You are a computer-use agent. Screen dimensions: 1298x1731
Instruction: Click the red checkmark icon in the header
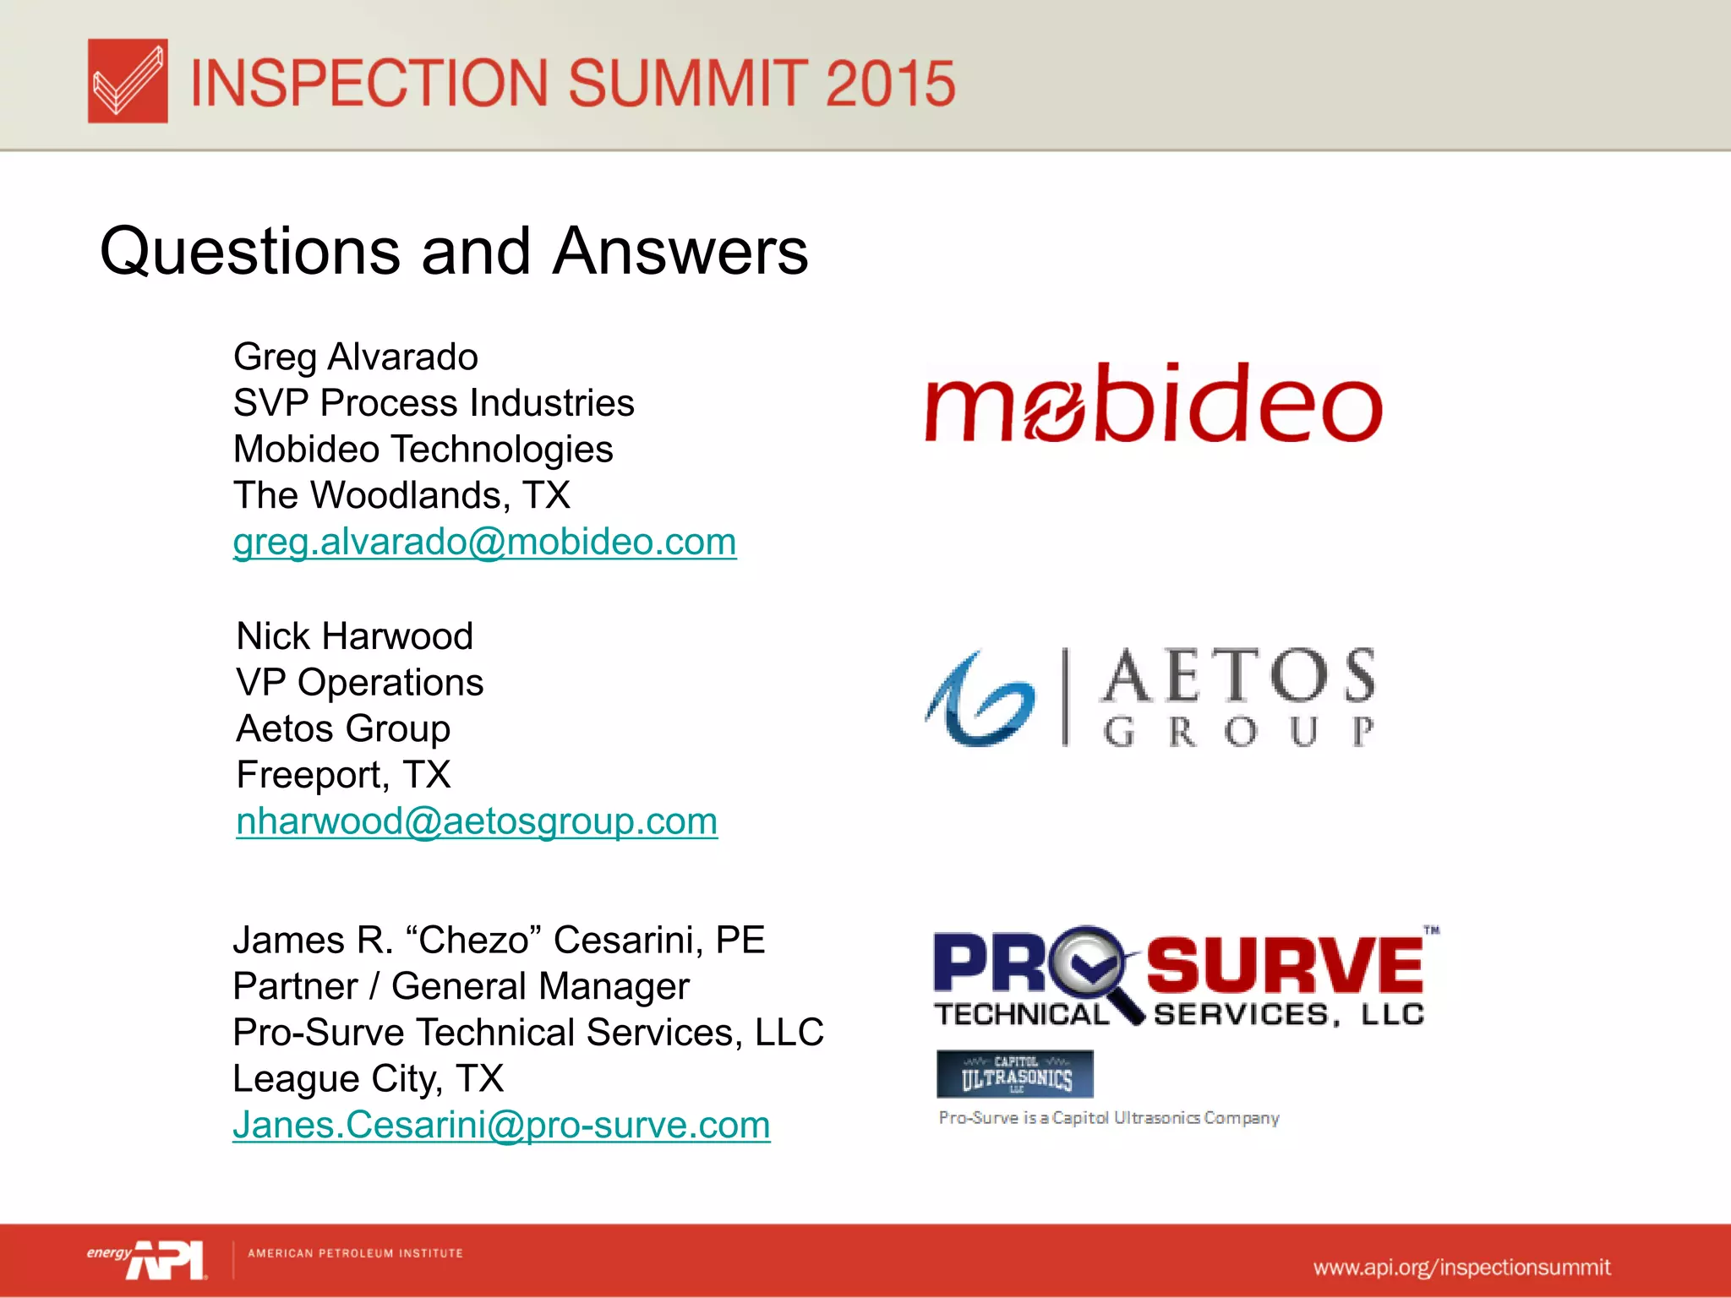tap(128, 81)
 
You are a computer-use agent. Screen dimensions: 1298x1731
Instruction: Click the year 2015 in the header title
tap(890, 83)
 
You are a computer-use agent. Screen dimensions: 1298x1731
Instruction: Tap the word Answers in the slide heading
tap(680, 252)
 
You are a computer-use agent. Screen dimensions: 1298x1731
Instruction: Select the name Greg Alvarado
tap(355, 357)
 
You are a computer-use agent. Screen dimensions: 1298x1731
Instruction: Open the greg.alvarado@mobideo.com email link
tap(484, 542)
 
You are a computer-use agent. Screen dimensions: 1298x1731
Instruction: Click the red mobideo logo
tap(1153, 405)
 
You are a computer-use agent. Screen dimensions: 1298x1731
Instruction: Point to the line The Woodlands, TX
tap(401, 495)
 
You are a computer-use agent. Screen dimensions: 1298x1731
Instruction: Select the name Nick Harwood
tap(354, 636)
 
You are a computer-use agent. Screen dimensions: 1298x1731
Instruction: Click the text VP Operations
tap(359, 683)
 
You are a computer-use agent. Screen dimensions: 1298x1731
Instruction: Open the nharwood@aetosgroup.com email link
tap(477, 821)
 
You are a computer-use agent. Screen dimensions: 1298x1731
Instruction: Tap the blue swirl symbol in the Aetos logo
tap(980, 700)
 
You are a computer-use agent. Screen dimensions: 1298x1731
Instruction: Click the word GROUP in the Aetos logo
tap(1238, 732)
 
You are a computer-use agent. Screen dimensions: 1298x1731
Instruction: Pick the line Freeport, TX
tap(343, 775)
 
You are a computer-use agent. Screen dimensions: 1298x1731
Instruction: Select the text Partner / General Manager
tap(461, 987)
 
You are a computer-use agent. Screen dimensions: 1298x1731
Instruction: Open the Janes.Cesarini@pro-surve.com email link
tap(501, 1126)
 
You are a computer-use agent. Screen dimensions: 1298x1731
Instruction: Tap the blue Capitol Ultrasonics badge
tap(1014, 1074)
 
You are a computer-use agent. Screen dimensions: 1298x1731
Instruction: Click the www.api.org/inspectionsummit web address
tap(1461, 1268)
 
